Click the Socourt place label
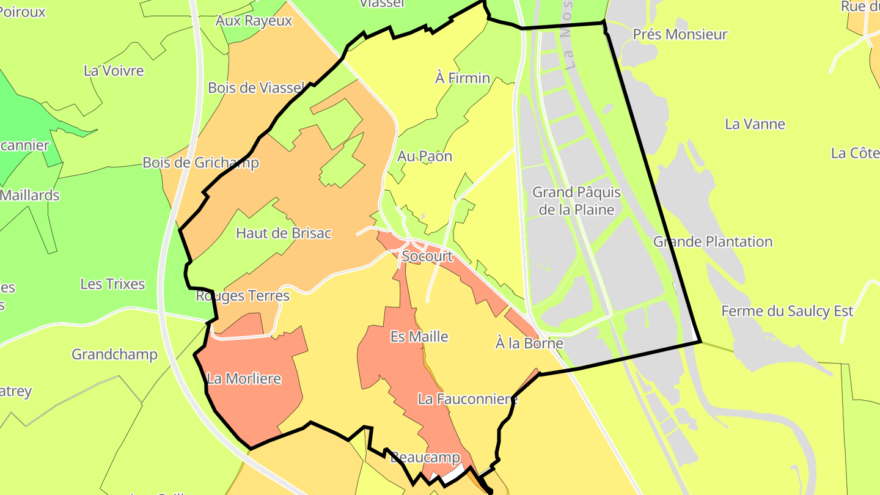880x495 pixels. coord(428,256)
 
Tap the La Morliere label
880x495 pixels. coord(244,378)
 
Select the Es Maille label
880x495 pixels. coord(419,336)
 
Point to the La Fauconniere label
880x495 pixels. coord(468,399)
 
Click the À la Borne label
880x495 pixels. coord(529,343)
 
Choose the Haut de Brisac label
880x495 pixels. coord(284,233)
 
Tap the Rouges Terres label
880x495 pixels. coord(243,296)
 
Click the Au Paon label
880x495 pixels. coord(425,156)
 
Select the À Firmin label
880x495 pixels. coord(463,78)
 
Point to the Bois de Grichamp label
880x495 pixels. coord(200,163)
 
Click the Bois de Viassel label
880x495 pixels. coord(255,87)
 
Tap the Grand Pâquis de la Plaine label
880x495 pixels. coord(576,200)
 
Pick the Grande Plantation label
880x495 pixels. coord(713,241)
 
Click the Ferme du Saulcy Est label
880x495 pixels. coord(787,311)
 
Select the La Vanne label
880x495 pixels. coord(755,124)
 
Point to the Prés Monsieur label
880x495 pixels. coord(680,34)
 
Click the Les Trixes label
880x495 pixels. coord(113,284)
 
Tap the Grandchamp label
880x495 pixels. coord(114,354)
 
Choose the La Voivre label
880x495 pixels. coord(114,70)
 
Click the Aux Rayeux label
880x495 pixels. coord(254,20)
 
